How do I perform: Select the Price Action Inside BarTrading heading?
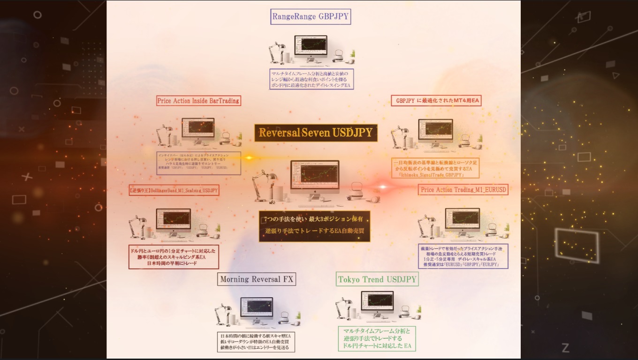coord(198,101)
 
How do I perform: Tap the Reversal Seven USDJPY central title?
coord(315,133)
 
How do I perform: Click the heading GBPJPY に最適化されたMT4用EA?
coord(436,101)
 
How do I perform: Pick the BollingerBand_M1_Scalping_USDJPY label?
coord(174,191)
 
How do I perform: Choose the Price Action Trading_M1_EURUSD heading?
coord(463,190)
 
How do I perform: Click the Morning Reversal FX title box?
coord(257,279)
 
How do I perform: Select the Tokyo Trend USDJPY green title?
coord(377,279)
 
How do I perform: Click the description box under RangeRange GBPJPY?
coord(311,79)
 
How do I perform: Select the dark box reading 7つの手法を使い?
coord(314,226)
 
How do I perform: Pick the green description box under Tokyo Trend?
coord(377,338)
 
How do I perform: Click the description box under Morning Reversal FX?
coord(257,342)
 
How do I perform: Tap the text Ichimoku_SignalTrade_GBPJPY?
coord(435,175)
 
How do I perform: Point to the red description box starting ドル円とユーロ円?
coord(174,256)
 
